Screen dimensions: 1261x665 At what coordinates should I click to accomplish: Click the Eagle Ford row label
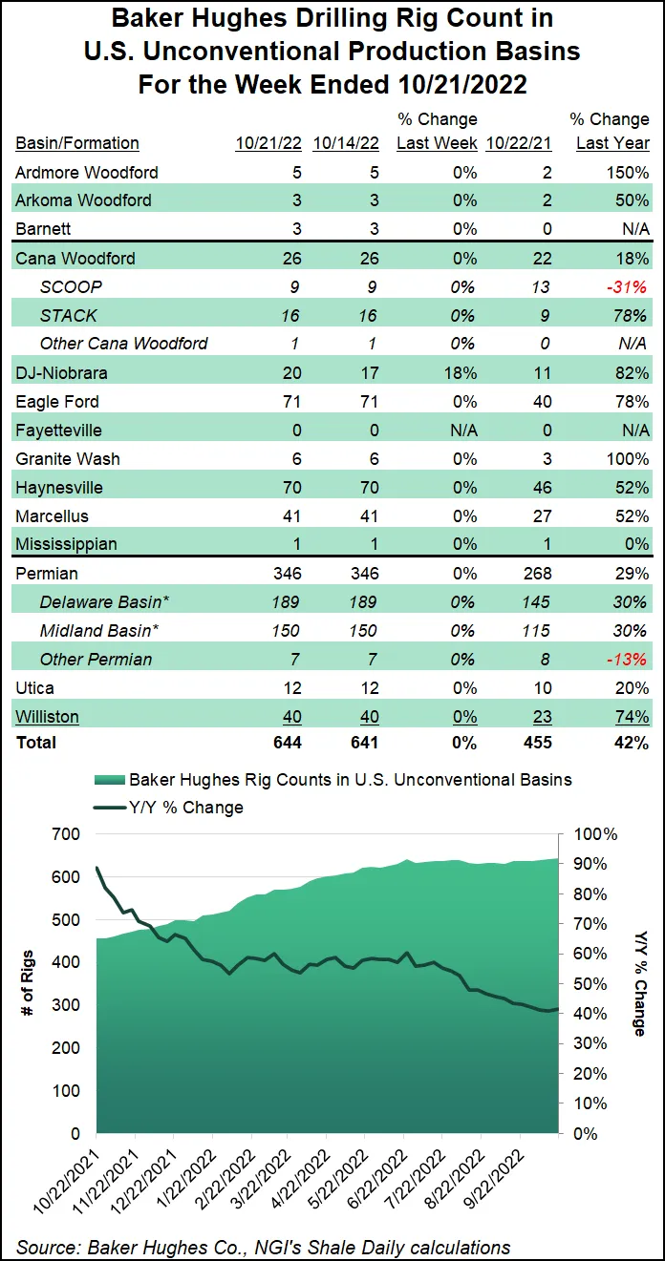(x=56, y=402)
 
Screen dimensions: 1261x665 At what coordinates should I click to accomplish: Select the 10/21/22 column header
(x=268, y=143)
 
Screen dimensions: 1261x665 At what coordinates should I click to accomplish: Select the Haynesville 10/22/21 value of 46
(x=541, y=488)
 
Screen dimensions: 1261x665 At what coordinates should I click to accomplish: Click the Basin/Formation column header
(x=77, y=143)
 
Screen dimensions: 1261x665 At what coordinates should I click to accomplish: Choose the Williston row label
(x=47, y=717)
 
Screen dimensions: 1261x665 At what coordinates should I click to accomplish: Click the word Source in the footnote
(x=45, y=1247)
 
